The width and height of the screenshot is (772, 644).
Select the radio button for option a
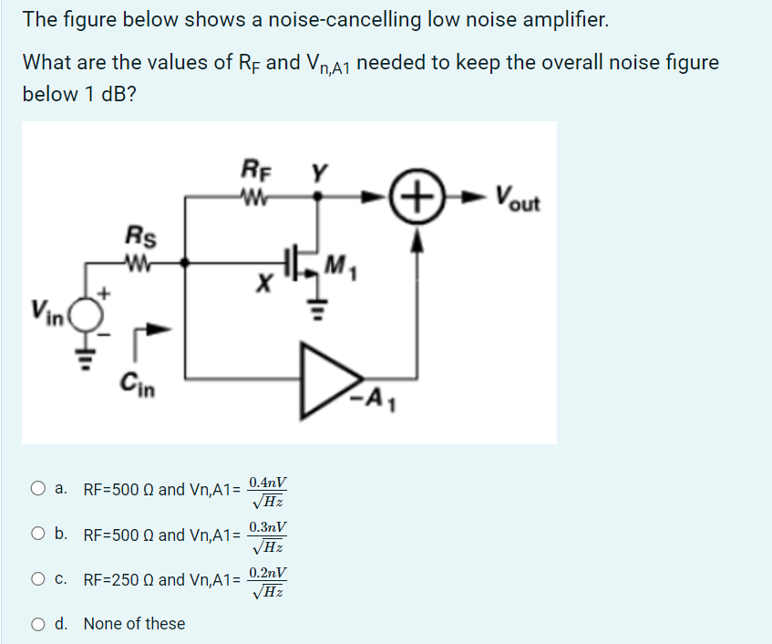(37, 489)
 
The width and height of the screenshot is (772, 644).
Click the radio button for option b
(37, 535)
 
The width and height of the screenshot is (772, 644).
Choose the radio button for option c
(37, 579)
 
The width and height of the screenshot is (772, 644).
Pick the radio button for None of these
(37, 624)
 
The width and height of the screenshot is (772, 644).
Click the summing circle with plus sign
(416, 196)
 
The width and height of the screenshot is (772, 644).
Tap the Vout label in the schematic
(518, 196)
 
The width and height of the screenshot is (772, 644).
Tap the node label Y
(318, 169)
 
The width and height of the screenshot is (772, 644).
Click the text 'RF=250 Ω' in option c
(118, 579)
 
